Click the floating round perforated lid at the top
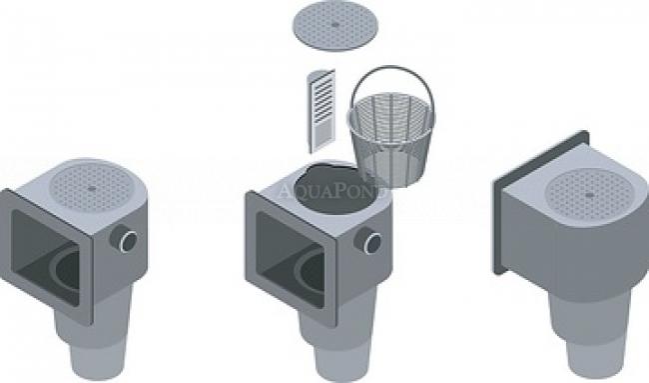coord(335,24)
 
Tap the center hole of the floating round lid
coord(335,24)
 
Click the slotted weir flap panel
coord(322,111)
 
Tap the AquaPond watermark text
coord(331,191)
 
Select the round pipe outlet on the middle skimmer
coord(368,240)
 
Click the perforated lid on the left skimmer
coord(92,188)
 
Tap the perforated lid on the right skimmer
coord(588,194)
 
